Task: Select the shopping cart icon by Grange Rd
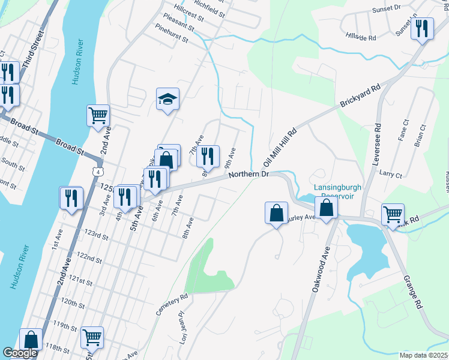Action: tap(393, 214)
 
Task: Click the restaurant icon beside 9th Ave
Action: tap(208, 156)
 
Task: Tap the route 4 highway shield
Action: tap(97, 172)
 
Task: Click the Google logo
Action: tap(19, 353)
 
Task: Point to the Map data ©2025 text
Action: tap(423, 355)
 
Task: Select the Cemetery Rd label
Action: tap(173, 305)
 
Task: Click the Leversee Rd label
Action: tap(378, 137)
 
